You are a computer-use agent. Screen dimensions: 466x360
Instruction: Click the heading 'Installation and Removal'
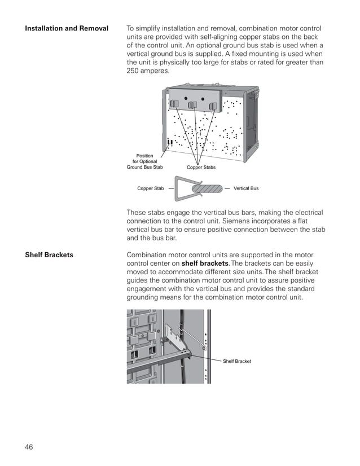(x=67, y=28)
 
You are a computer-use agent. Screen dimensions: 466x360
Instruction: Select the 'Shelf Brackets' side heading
(x=49, y=255)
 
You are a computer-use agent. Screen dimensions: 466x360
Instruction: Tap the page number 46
(x=29, y=447)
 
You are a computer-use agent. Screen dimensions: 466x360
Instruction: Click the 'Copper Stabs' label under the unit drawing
(x=201, y=168)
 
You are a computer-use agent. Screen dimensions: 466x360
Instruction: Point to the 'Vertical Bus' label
(x=245, y=188)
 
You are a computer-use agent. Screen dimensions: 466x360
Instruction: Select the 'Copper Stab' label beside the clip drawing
(x=151, y=188)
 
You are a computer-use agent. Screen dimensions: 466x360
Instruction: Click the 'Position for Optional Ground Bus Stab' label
(x=144, y=161)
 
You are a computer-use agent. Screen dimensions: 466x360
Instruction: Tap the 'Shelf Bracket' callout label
(x=236, y=361)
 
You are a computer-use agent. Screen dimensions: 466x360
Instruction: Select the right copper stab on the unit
(x=213, y=106)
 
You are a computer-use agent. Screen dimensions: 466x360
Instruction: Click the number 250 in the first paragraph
(x=135, y=71)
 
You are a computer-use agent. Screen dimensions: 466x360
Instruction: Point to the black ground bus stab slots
(x=169, y=141)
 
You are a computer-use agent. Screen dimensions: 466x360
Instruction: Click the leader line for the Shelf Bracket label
(x=212, y=355)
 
